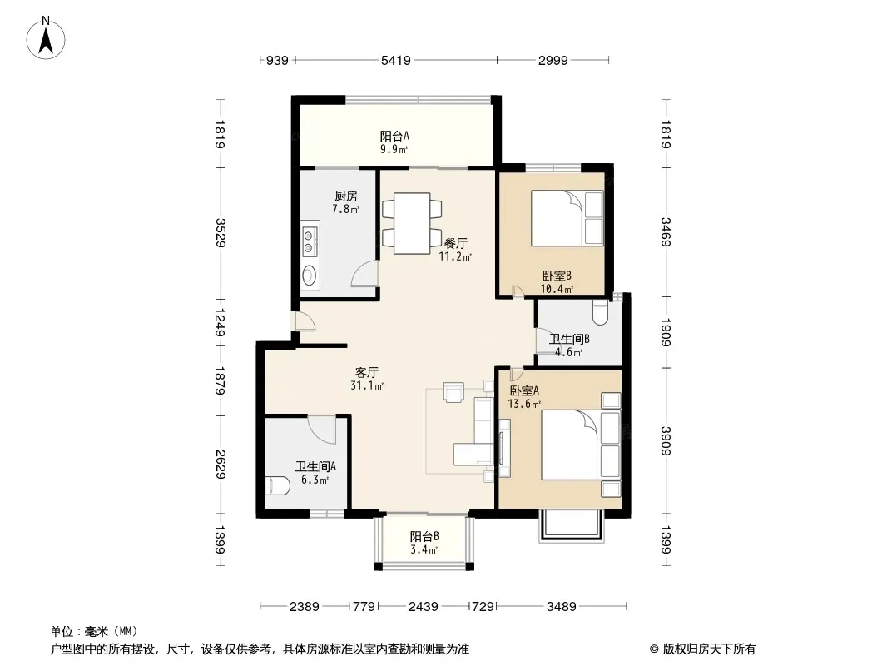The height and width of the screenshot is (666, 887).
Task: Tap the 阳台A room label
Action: point(394,136)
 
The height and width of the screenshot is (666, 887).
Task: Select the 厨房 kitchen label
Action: point(345,196)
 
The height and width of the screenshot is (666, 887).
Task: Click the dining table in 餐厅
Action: point(412,223)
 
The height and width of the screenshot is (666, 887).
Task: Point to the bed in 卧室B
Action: point(567,218)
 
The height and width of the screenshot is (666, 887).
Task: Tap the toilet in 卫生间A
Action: point(276,485)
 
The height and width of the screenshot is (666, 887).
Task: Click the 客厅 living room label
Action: point(367,372)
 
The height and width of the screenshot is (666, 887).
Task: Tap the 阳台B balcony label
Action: point(424,536)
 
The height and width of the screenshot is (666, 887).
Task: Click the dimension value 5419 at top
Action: point(395,60)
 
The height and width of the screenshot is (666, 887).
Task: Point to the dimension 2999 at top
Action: point(553,60)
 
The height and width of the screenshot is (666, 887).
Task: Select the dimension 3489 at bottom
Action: point(561,607)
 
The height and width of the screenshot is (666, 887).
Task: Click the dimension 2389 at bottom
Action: point(305,607)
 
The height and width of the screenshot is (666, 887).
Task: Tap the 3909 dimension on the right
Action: point(666,440)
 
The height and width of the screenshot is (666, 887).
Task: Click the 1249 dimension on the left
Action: point(219,322)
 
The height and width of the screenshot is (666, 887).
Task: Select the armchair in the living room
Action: point(454,392)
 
